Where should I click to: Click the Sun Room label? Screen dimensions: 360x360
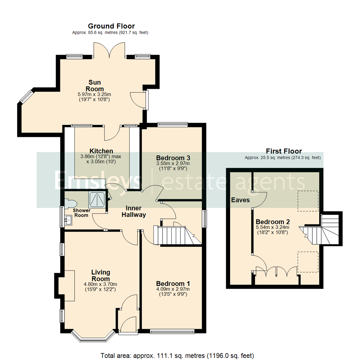(x=94, y=85)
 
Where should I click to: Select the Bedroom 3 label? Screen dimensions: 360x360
(x=173, y=157)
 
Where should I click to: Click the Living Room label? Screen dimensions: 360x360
(x=100, y=275)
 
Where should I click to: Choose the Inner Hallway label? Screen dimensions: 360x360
(x=133, y=211)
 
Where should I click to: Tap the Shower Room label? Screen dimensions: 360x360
(x=81, y=213)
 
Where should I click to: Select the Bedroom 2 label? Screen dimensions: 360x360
(x=273, y=222)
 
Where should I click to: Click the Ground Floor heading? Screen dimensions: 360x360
(x=111, y=26)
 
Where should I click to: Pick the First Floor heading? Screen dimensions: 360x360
(x=284, y=151)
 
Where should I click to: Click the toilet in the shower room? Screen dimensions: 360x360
(x=71, y=203)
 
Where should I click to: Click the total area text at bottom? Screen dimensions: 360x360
(x=177, y=355)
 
